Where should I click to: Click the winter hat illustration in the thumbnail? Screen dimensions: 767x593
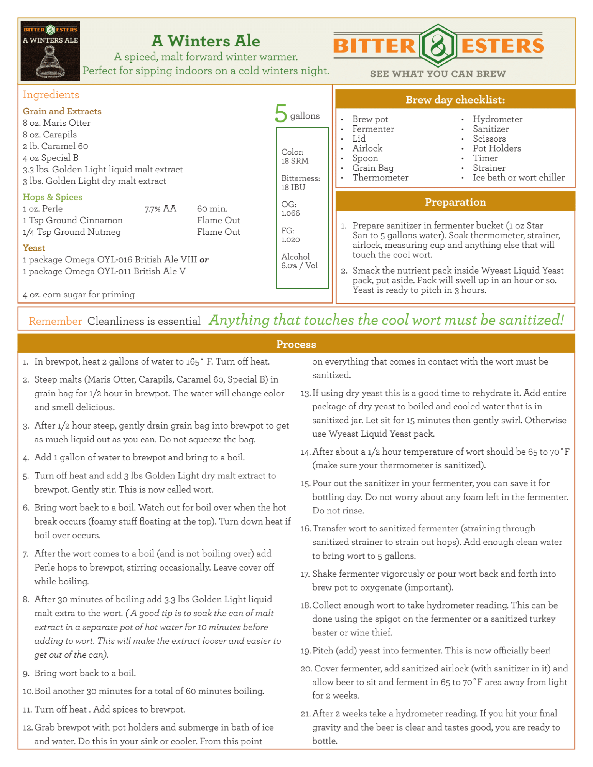50,62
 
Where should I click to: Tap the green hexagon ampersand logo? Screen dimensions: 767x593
438,46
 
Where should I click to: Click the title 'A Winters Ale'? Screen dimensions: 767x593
206,41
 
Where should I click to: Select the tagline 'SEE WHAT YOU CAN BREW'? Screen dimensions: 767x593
438,74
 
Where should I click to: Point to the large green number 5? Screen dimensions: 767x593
281,114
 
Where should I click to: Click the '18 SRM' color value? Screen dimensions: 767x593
295,161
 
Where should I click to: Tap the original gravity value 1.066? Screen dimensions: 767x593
290,213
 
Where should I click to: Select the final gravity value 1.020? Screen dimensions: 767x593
290,240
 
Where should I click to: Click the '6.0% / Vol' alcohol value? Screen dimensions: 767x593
299,266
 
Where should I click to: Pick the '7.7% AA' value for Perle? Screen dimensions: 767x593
160,209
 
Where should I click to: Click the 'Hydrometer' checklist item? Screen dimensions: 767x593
497,119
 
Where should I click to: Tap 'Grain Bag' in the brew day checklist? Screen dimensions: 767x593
373,168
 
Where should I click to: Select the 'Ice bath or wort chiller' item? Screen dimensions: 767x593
519,178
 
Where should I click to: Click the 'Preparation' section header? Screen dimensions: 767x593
455,202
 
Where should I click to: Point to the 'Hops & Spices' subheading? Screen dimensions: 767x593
53,197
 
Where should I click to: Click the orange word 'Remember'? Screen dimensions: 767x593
55,321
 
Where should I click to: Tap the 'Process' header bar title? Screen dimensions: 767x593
296,344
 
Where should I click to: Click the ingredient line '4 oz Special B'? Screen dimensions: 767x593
51,158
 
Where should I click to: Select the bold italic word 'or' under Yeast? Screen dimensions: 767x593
204,260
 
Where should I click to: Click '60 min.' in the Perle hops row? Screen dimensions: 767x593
212,209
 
